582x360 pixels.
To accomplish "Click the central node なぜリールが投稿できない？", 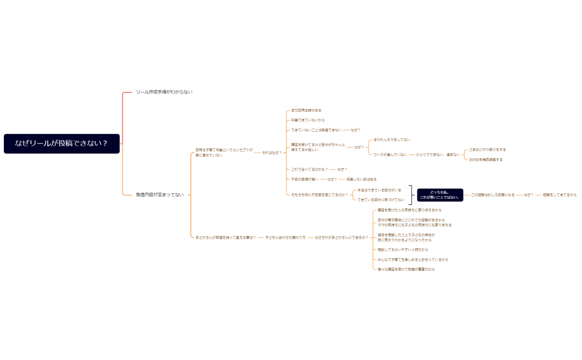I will point(62,143).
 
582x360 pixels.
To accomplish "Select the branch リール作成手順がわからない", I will point(164,92).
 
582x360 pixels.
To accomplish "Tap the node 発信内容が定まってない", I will point(160,195).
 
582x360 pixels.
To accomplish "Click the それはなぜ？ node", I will point(272,152).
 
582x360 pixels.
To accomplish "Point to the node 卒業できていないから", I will point(308,120).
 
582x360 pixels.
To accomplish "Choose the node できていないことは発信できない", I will point(316,130).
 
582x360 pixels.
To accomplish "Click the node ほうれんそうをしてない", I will point(392,140).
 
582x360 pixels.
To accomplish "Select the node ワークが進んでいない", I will point(390,155).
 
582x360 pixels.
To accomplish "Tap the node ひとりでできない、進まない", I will point(437,155).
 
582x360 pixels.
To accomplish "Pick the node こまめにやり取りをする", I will point(487,150).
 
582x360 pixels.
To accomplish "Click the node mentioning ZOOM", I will point(486,160).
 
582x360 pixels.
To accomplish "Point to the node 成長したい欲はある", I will point(361,179).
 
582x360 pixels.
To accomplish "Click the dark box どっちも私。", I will point(440,195).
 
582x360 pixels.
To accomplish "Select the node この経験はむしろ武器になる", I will point(492,195).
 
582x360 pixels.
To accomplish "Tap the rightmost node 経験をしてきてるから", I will point(559,195).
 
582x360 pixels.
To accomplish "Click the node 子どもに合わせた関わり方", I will point(285,237).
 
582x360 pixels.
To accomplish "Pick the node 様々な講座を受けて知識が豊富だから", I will point(406,269).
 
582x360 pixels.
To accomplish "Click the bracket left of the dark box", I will point(411,195).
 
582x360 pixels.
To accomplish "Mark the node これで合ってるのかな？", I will point(309,169).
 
